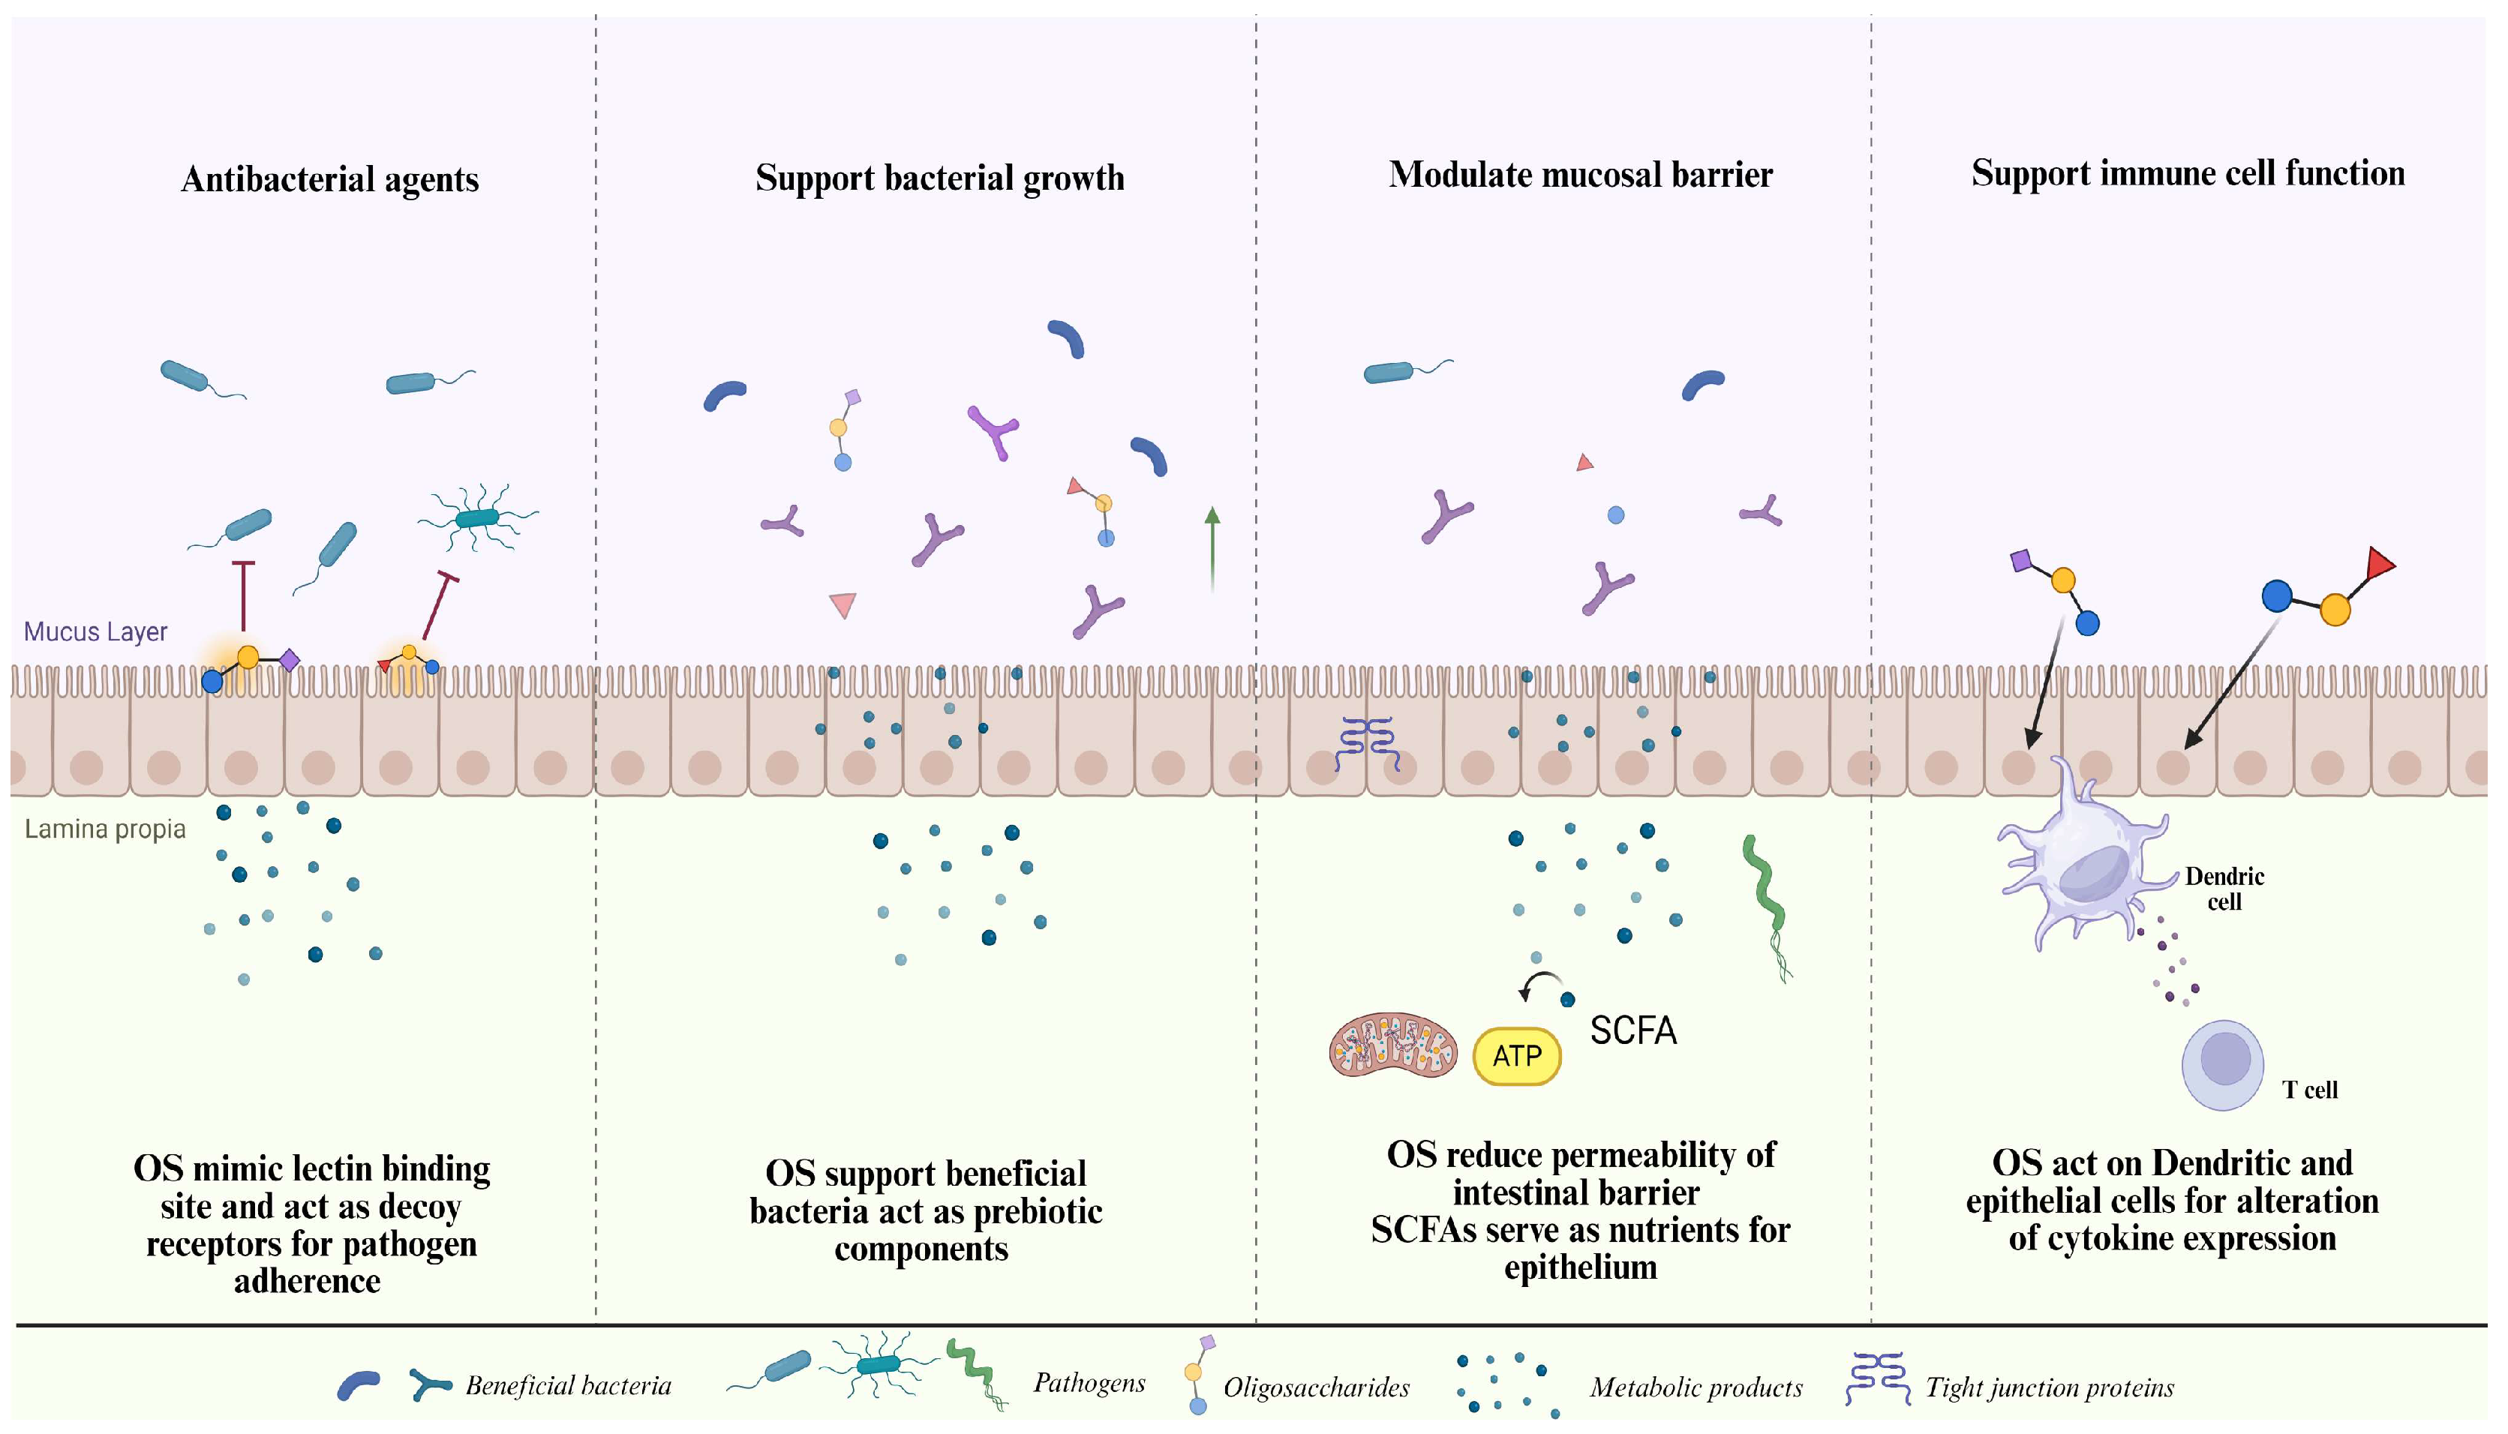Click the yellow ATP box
pyautogui.click(x=1516, y=1056)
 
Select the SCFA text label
pyautogui.click(x=1632, y=1030)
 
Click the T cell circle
pyautogui.click(x=2224, y=1063)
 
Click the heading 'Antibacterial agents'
pyautogui.click(x=330, y=179)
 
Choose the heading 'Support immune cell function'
pyautogui.click(x=2187, y=173)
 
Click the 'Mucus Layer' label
pyautogui.click(x=95, y=631)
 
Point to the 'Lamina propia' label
pyautogui.click(x=104, y=829)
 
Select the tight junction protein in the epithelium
pyautogui.click(x=1366, y=742)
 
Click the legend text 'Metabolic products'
pyautogui.click(x=1696, y=1387)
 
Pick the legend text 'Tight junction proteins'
pyautogui.click(x=2049, y=1387)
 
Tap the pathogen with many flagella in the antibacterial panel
pyautogui.click(x=479, y=516)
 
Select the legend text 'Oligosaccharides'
pyautogui.click(x=1316, y=1387)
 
